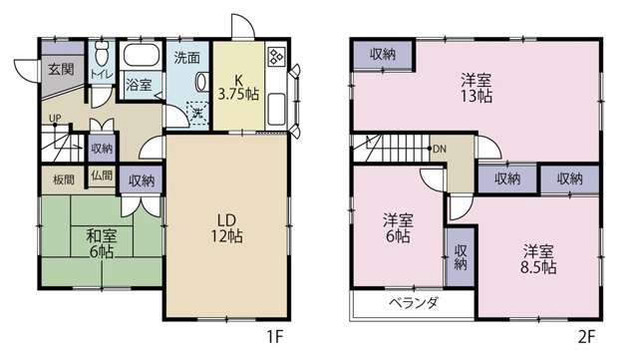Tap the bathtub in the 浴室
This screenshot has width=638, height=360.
click(x=142, y=55)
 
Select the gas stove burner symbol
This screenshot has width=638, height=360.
click(x=277, y=57)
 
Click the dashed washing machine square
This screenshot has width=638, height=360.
click(x=198, y=113)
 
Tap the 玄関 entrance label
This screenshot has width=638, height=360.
click(x=61, y=70)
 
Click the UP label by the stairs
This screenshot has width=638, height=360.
click(x=55, y=118)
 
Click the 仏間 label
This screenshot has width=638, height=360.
click(x=102, y=176)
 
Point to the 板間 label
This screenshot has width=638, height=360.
click(x=64, y=180)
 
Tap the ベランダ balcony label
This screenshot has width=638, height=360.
click(x=414, y=302)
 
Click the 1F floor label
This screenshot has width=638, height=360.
click(x=275, y=337)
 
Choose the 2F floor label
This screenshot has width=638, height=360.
click(x=587, y=337)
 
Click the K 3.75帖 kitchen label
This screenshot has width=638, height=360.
click(x=238, y=87)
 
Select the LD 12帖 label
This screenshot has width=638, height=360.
click(x=226, y=228)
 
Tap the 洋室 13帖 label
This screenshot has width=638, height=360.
click(x=477, y=88)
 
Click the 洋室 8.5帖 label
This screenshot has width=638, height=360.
click(x=538, y=259)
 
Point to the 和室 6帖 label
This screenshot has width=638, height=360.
click(x=102, y=244)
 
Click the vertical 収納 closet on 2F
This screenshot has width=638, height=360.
click(x=461, y=257)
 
